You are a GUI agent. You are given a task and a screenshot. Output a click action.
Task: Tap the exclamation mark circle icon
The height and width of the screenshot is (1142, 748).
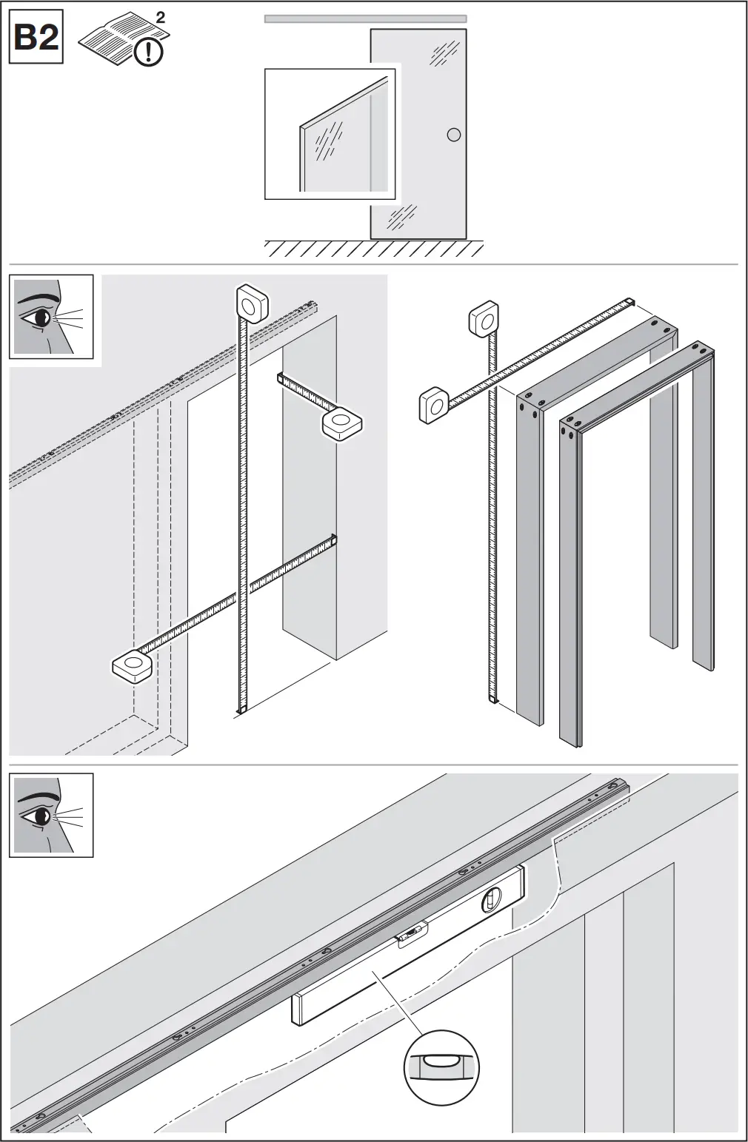click(x=150, y=51)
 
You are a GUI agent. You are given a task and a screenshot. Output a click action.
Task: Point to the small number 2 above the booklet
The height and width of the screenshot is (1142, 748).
click(x=161, y=18)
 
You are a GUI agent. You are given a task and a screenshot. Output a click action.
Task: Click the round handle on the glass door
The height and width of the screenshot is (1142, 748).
click(x=454, y=135)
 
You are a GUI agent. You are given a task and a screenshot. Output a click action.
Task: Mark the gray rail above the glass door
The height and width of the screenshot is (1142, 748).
click(x=365, y=19)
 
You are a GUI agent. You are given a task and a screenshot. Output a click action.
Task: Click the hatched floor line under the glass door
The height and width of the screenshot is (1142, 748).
click(x=374, y=249)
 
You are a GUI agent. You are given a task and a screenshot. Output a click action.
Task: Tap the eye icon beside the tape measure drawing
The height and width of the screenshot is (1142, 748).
click(x=51, y=317)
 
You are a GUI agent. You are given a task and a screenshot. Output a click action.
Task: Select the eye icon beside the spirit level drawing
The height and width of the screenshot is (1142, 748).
click(x=51, y=815)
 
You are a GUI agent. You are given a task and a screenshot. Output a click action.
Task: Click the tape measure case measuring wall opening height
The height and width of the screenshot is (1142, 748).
click(x=252, y=303)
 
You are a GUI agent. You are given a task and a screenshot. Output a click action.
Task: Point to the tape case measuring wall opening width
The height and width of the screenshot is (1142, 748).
click(x=132, y=665)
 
